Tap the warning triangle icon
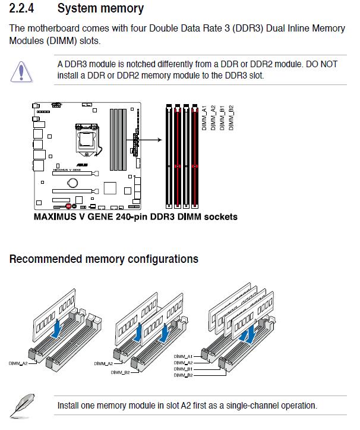22,71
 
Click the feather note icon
22,406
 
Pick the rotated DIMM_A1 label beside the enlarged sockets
204,118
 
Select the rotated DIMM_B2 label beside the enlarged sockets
230,118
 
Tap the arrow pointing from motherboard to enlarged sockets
152,140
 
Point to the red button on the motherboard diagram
70,206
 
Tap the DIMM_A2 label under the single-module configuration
18,362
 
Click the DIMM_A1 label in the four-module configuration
184,356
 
